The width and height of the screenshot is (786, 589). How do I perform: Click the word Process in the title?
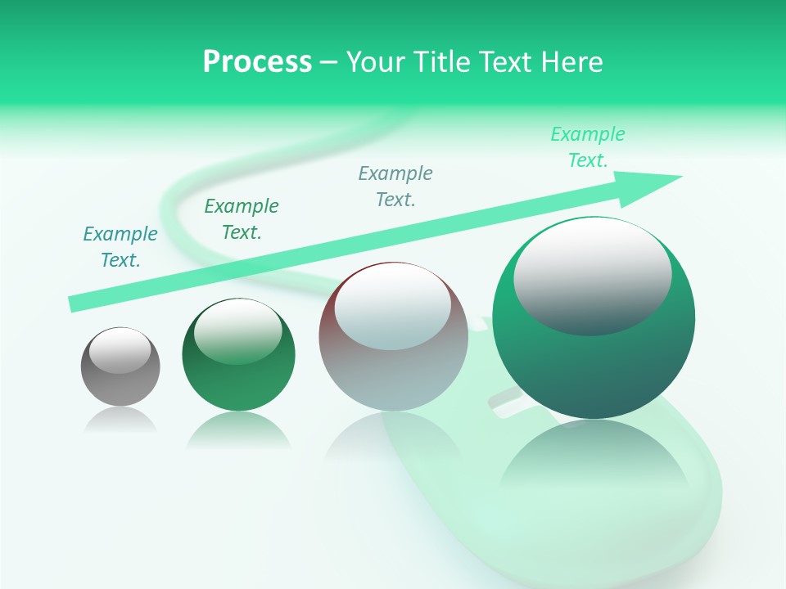[257, 61]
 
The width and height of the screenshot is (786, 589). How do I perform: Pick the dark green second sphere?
[238, 384]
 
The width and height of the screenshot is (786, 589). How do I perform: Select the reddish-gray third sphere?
[393, 376]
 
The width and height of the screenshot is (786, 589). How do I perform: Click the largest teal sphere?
[594, 368]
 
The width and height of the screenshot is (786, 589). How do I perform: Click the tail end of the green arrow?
[72, 304]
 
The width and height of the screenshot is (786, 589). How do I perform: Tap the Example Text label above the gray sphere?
[120, 247]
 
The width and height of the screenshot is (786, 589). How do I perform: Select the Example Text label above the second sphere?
[242, 219]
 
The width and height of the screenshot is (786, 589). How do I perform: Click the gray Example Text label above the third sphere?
[395, 187]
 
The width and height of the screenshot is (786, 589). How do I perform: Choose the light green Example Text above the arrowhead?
[588, 147]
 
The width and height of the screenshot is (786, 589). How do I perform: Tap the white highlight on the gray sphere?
[120, 350]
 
